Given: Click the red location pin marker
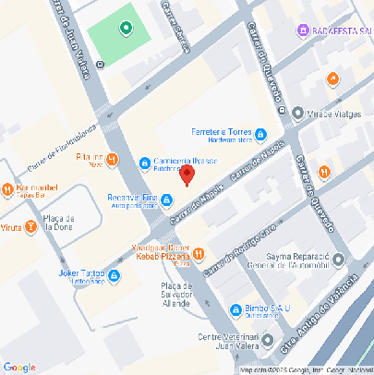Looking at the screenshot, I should click(x=187, y=175).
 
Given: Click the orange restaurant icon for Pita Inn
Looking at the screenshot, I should click(x=112, y=160).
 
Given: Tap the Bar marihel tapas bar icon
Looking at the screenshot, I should click(x=7, y=191).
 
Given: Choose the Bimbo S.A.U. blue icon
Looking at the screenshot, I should click(x=235, y=309).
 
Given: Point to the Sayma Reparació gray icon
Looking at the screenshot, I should click(x=339, y=260).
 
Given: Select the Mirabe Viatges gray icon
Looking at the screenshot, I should click(x=297, y=114).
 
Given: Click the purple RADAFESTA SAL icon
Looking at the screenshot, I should click(x=302, y=30).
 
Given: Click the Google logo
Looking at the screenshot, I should click(x=19, y=367).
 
